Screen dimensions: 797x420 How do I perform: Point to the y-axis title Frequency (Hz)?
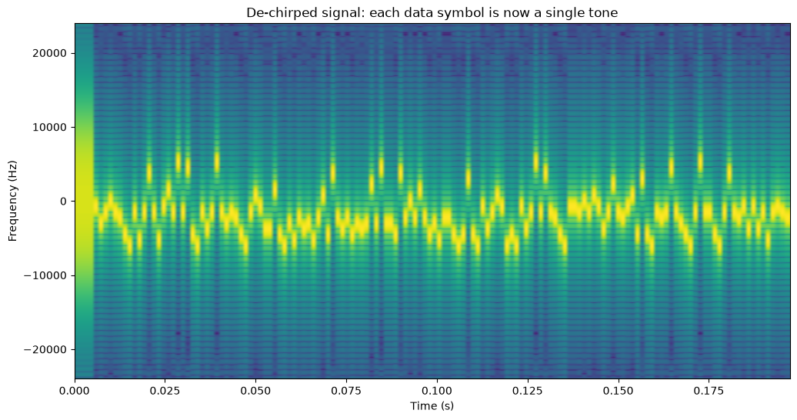click(x=12, y=201)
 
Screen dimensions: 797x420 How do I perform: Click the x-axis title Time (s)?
click(x=432, y=405)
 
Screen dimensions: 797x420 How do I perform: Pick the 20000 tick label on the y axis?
click(x=52, y=53)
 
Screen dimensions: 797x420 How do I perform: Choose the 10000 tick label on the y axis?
click(x=52, y=127)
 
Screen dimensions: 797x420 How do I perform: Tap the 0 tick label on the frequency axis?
click(x=64, y=202)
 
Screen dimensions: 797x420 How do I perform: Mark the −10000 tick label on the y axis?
click(x=48, y=275)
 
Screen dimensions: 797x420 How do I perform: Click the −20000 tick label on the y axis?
click(x=48, y=350)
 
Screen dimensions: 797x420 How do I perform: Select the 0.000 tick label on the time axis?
click(x=75, y=391)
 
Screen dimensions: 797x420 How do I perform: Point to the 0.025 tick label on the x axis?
click(x=165, y=391)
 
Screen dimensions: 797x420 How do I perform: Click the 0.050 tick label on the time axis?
click(x=256, y=391)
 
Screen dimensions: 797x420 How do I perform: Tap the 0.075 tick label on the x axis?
click(x=347, y=391)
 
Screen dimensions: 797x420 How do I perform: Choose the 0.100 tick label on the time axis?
click(x=437, y=391)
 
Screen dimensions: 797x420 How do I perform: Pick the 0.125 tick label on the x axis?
click(x=528, y=391)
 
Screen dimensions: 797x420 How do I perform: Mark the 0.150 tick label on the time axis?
click(x=618, y=391)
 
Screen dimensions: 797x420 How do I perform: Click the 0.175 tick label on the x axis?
click(x=709, y=391)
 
